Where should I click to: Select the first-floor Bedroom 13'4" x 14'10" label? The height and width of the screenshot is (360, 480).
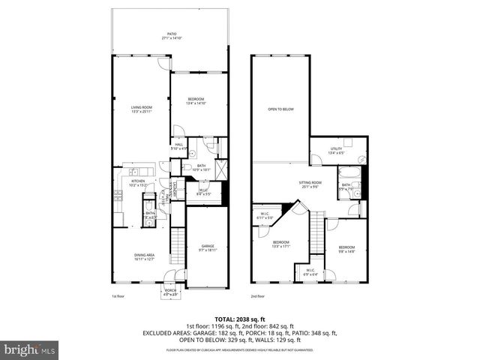(196, 101)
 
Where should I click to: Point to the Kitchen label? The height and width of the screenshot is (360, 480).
(137, 182)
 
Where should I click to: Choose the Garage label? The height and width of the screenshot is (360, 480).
(206, 247)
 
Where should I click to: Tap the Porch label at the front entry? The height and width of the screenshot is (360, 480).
(171, 292)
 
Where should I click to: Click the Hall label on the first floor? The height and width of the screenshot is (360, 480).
(178, 146)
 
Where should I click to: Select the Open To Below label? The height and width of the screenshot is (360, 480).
(280, 109)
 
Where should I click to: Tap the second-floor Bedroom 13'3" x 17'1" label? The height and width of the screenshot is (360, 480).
(280, 244)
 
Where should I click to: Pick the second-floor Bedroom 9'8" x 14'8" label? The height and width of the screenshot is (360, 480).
(346, 249)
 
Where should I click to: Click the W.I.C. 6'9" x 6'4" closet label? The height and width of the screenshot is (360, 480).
(309, 272)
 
